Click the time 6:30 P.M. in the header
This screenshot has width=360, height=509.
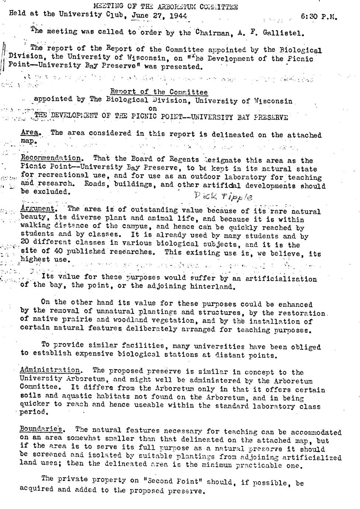pyautogui.click(x=319, y=17)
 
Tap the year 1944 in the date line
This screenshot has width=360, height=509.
pyautogui.click(x=179, y=16)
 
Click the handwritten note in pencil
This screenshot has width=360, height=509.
pyautogui.click(x=223, y=197)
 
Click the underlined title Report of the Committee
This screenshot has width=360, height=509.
pyautogui.click(x=159, y=92)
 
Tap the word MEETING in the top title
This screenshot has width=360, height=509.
pyautogui.click(x=108, y=7)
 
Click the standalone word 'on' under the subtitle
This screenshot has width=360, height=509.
pyautogui.click(x=153, y=108)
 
